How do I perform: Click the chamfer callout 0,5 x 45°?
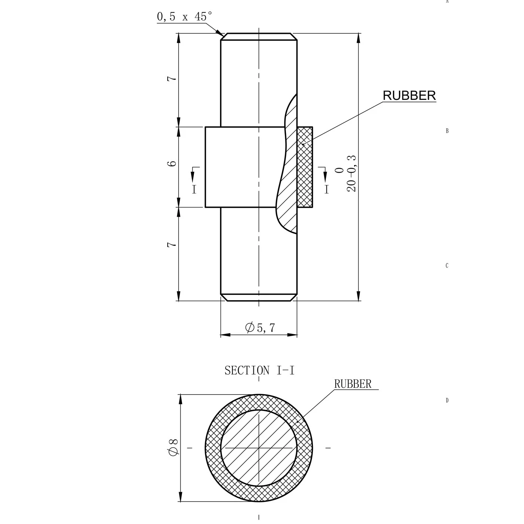[x=185, y=17]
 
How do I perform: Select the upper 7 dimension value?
[x=172, y=79]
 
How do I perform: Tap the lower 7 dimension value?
[x=172, y=244]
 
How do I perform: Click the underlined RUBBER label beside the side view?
[x=409, y=96]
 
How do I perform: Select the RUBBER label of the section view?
[x=353, y=384]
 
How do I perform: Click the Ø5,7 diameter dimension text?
[x=260, y=328]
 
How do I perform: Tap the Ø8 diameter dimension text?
[x=174, y=447]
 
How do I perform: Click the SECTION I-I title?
[x=259, y=371]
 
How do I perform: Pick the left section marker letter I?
[x=194, y=189]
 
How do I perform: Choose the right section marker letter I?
[x=327, y=189]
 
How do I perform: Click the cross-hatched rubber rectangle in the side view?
[x=305, y=167]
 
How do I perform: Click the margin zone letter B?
[x=447, y=131]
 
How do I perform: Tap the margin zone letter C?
[x=447, y=266]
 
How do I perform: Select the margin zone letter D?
[x=447, y=400]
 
